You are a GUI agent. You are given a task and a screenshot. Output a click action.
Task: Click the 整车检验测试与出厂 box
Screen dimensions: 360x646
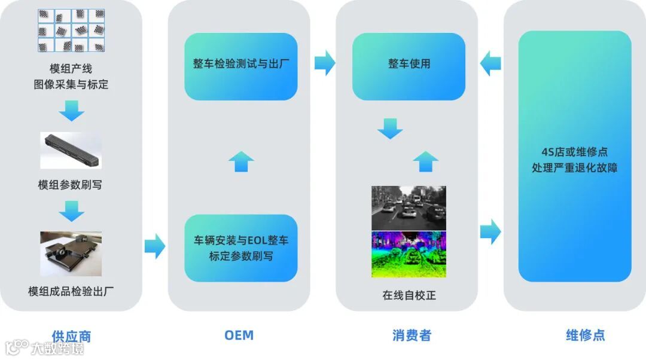(240, 66)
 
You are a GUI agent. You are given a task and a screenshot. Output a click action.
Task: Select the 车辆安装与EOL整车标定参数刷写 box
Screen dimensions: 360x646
(240, 248)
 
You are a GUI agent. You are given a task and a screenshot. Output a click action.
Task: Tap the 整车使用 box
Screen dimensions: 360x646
(409, 66)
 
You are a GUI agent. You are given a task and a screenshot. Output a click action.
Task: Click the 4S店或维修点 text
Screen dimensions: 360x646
(574, 152)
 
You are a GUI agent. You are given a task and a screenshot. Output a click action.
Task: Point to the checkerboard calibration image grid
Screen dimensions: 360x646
(71, 30)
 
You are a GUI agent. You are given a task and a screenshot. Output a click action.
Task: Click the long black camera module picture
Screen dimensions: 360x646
(71, 150)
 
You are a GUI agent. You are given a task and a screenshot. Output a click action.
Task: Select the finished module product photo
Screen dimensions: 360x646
(71, 253)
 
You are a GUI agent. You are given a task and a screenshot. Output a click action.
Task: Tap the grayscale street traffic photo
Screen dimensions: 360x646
(409, 208)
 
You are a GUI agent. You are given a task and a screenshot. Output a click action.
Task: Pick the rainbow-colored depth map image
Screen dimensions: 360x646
(409, 254)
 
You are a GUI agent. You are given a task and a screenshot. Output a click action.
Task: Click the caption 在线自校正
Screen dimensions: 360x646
(409, 295)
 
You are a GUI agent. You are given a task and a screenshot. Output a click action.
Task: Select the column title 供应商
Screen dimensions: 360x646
(71, 336)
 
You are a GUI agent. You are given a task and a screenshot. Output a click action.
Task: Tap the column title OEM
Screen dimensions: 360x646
(239, 335)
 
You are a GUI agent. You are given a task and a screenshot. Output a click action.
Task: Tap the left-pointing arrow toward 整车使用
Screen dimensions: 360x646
(490, 63)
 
